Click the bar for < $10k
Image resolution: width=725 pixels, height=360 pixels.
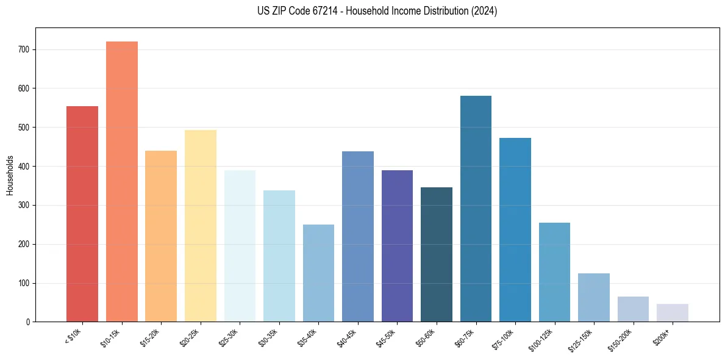coord(82,214)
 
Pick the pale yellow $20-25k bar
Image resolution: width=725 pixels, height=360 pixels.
coord(201,226)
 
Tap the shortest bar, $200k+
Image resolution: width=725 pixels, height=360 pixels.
coord(673,312)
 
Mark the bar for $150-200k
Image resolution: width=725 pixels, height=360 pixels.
coord(633,309)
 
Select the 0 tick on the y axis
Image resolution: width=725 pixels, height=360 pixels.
coord(29,322)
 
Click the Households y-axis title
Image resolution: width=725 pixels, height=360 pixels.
coord(10,175)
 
